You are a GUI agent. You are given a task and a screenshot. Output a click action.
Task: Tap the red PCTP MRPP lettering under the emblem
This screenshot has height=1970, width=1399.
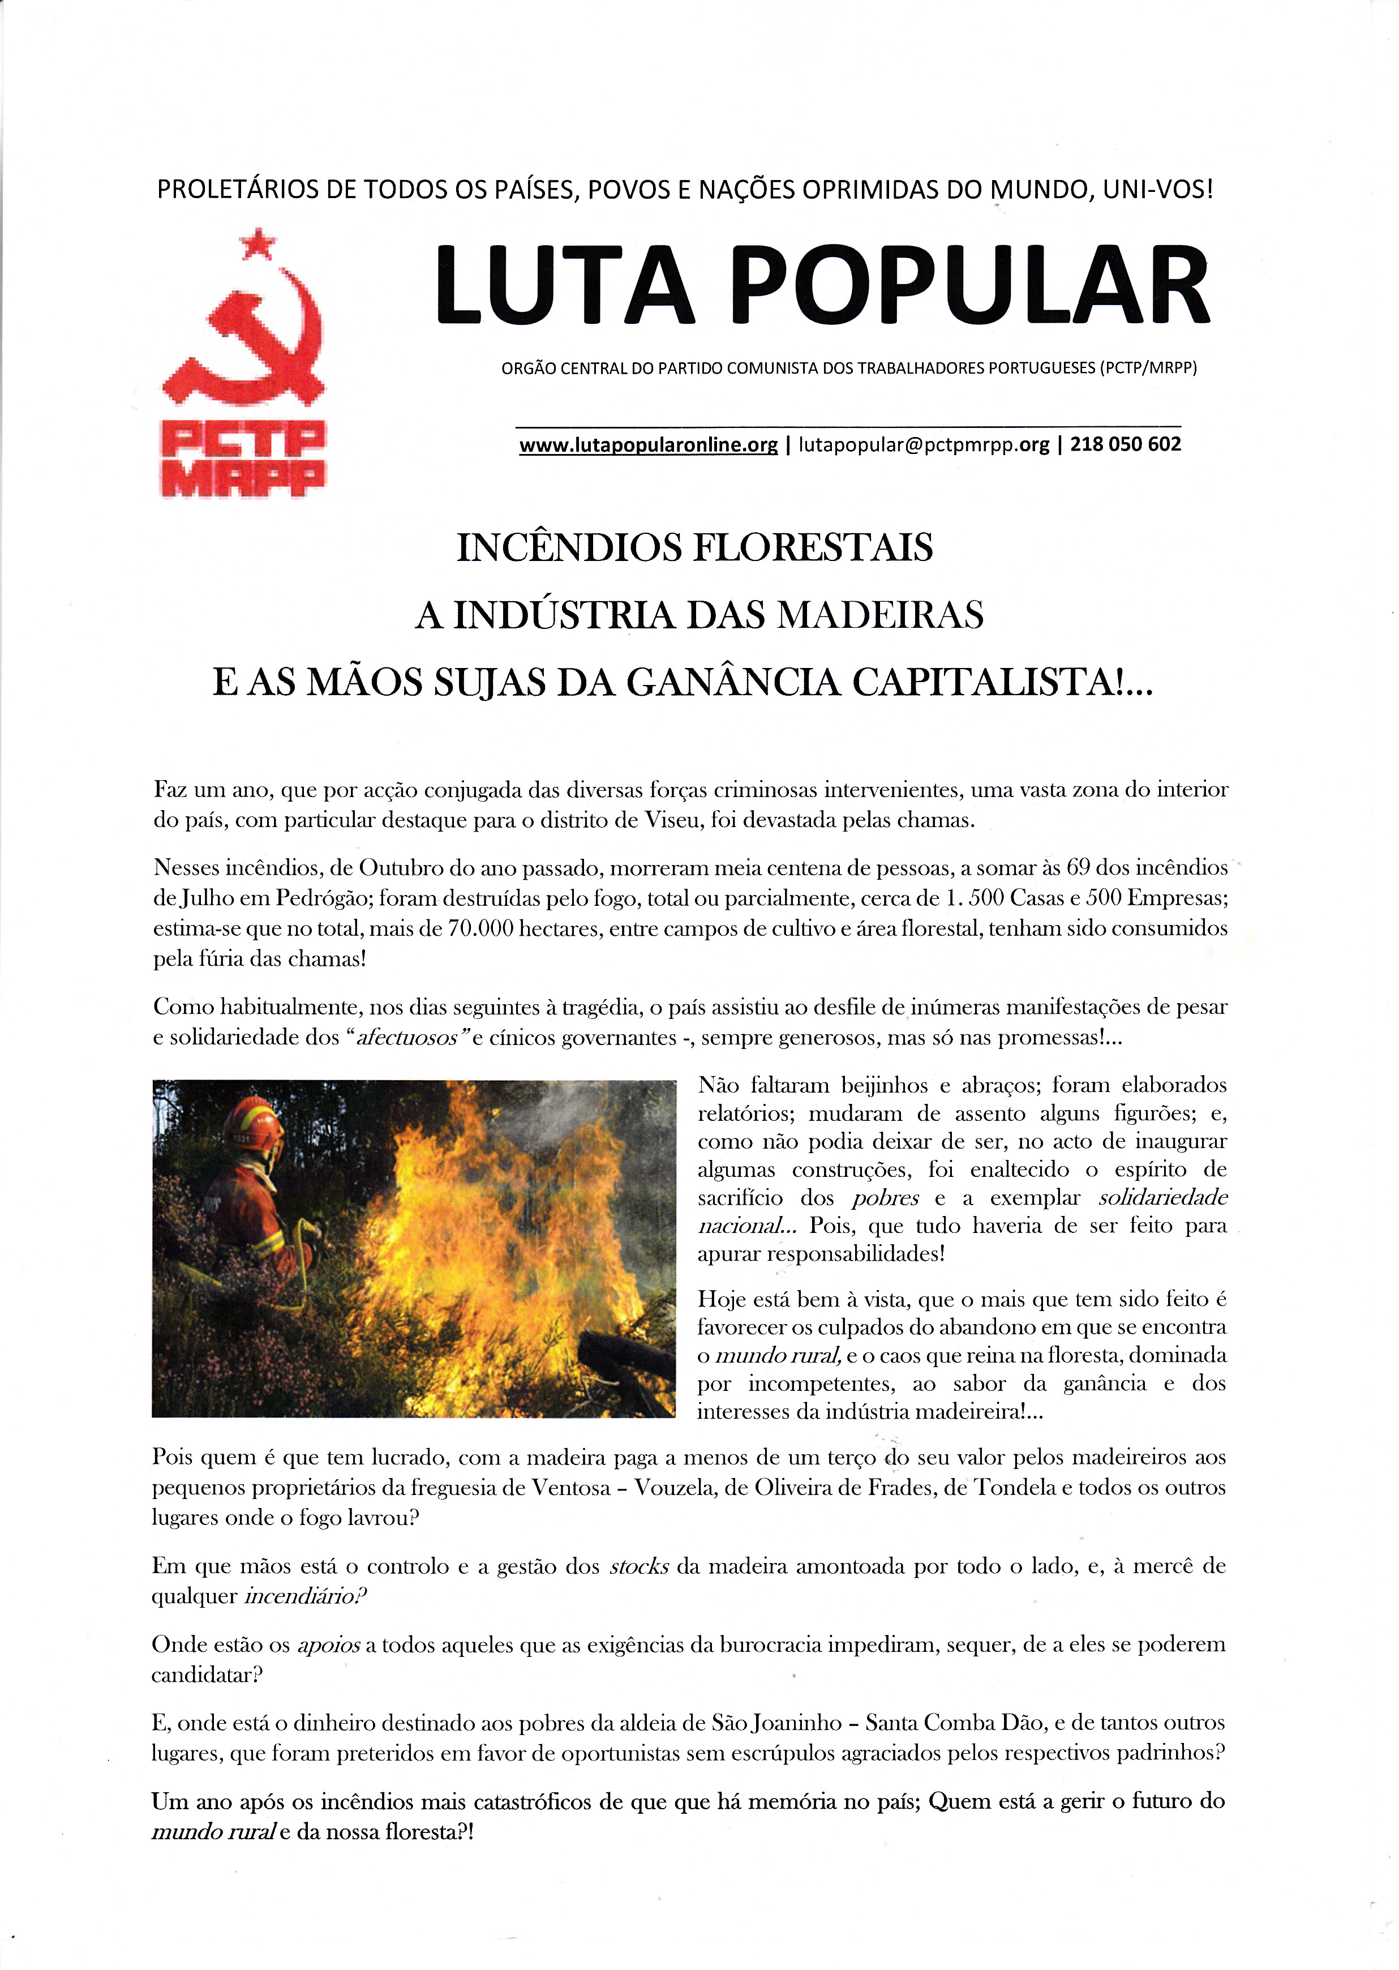pos(244,459)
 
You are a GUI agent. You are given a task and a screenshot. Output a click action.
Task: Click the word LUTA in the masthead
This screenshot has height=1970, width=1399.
pos(564,285)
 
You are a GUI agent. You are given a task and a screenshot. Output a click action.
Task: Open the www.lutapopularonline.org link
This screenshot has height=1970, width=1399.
pos(648,445)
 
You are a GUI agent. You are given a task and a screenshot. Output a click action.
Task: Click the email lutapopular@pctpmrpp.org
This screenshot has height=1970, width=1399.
pos(924,445)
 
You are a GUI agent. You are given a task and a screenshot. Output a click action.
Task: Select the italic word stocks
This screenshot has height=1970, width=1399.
pos(638,1566)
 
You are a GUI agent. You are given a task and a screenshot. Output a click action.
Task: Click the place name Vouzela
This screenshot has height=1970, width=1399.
pos(675,1488)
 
